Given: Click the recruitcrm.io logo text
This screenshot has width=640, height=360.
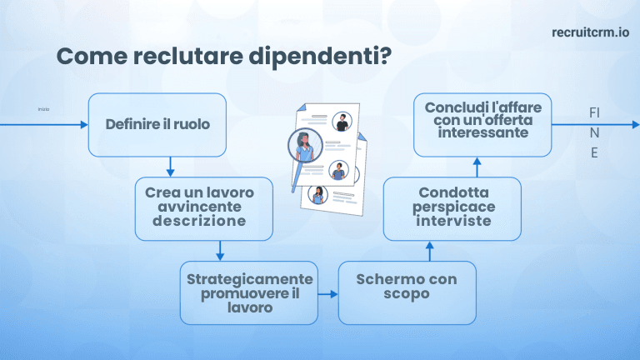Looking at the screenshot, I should point(590,32).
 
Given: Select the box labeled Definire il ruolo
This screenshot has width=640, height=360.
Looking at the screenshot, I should point(157,125).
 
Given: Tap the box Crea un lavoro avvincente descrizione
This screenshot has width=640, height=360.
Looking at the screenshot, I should point(204,207).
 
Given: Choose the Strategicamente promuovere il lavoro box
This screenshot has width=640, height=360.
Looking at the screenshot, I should point(249,292).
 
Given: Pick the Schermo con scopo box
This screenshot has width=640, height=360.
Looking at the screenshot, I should point(406,292).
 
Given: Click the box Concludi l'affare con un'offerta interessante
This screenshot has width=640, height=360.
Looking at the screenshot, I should point(482,125).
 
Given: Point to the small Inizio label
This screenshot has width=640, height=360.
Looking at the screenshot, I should point(44,109).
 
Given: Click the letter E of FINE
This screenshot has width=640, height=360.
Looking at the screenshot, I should point(594,153).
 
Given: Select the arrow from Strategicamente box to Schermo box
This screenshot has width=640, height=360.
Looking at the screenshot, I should point(328,293).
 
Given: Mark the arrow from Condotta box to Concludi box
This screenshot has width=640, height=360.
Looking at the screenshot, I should point(477,167).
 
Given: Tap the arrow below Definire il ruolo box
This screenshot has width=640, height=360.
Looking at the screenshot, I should point(170,166).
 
